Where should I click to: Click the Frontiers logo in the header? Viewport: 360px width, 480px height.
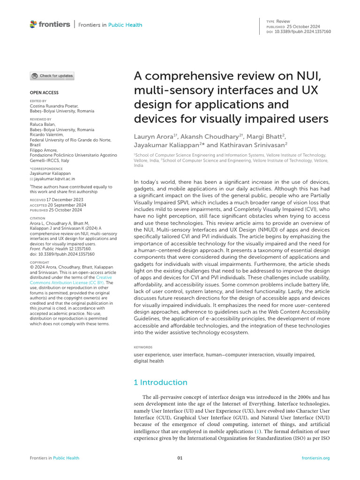point(50,24)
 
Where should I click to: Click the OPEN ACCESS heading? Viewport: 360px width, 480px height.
point(44,93)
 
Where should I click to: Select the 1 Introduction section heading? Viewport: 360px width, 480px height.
point(160,382)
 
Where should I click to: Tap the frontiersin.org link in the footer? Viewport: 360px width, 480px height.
point(316,458)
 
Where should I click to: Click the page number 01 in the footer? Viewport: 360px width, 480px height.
point(180,458)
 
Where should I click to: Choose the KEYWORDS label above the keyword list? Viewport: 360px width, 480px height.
point(143,347)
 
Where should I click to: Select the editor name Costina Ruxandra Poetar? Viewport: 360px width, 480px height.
point(54,106)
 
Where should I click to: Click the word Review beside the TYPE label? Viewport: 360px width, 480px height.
point(284,22)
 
